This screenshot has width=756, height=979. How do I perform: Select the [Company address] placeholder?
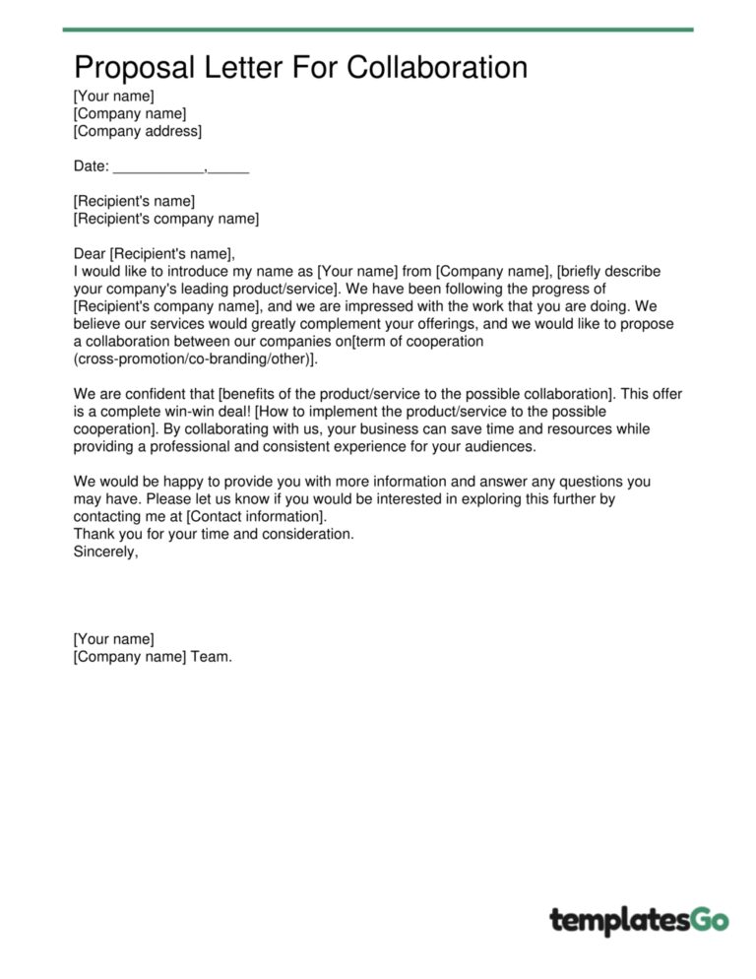point(137,131)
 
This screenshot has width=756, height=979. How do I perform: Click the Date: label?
point(92,167)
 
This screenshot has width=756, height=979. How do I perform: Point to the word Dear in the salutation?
point(90,253)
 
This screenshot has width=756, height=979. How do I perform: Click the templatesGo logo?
point(639,921)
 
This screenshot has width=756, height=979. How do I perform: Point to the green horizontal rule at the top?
point(378,30)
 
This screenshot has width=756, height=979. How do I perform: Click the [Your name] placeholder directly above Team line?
point(113,639)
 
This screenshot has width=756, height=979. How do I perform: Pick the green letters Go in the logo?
point(708,920)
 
